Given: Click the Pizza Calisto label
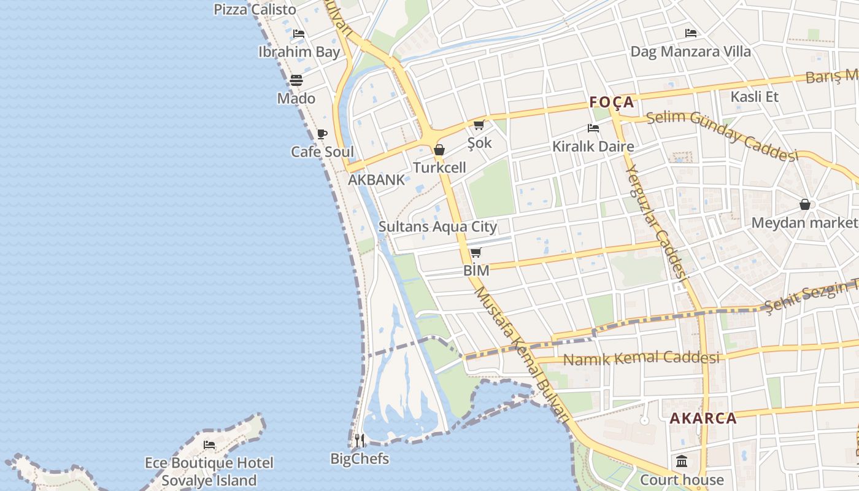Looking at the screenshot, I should click(255, 10).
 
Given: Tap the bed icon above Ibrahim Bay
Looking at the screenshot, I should click(299, 34).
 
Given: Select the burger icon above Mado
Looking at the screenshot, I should click(296, 80).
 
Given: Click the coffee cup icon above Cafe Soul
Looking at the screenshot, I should click(322, 134).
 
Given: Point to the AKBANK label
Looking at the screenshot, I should click(377, 180).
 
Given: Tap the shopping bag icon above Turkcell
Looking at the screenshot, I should click(439, 150).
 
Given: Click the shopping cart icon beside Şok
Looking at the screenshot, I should click(479, 125).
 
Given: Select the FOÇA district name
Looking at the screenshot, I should click(612, 102).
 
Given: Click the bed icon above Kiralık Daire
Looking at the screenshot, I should click(593, 128).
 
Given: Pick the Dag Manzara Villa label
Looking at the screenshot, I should click(691, 52).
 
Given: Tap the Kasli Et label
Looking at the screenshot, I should click(754, 96).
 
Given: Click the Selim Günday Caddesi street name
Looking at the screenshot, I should click(723, 136).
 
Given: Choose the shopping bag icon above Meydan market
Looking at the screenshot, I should click(805, 204).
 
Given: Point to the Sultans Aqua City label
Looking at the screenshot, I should click(437, 226).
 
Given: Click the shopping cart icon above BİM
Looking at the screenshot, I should click(476, 253).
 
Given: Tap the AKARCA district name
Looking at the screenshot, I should click(703, 419).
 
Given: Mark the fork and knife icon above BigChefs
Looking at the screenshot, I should click(360, 440).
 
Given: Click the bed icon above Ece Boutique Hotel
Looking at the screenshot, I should click(209, 445).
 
